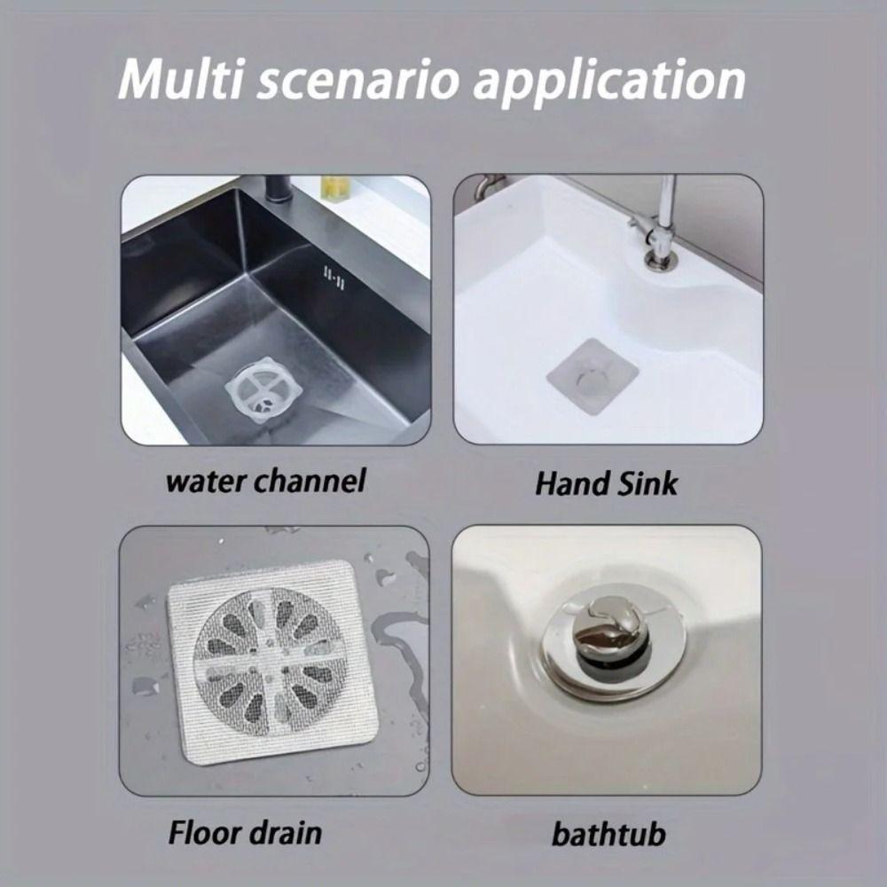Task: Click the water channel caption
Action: pos(266,482)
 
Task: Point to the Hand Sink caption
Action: pos(606,483)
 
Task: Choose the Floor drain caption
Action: pos(244,833)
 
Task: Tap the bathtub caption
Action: pos(608,835)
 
